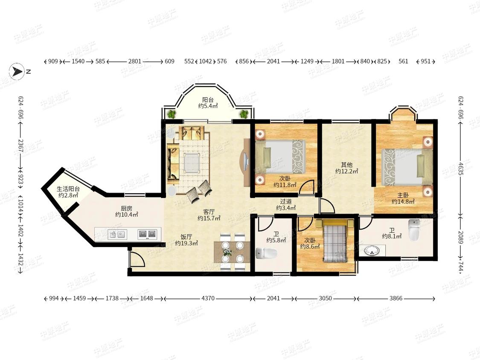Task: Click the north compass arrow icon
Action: point(17,72)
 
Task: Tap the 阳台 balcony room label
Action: point(208,100)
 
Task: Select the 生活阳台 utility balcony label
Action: point(68,189)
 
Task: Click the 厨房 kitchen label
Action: point(126,209)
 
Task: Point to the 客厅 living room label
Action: point(209,212)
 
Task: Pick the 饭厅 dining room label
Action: point(186,237)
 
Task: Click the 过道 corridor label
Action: point(286,201)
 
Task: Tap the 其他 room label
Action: point(347,165)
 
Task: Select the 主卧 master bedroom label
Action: point(403,195)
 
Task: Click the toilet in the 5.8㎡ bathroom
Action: point(266,253)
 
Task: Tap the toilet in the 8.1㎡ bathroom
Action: point(414,230)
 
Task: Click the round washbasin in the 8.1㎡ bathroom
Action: point(372,251)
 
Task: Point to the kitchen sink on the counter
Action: point(118,235)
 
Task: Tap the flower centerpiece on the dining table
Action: point(227,252)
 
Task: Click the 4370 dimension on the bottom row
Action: point(208,298)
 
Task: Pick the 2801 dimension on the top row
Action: point(135,61)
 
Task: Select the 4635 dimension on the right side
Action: point(461,168)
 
